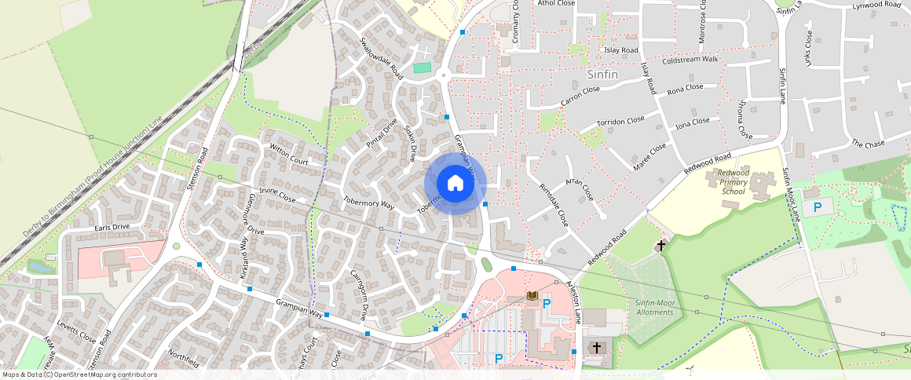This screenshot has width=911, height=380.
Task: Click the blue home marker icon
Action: click(455, 184)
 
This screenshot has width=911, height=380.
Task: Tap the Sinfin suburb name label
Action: click(602, 75)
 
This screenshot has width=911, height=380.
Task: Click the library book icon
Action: click(532, 296)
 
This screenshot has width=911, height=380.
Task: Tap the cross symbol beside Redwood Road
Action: click(660, 246)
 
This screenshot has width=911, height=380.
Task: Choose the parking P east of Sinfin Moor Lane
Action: click(818, 207)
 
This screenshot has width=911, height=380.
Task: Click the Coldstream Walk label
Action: click(690, 60)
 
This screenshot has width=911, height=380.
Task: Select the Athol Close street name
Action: click(556, 3)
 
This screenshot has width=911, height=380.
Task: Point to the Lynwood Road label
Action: click(876, 5)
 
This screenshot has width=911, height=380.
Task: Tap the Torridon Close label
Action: click(620, 122)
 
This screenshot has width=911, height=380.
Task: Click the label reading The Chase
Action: click(868, 144)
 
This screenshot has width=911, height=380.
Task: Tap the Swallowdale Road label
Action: click(381, 58)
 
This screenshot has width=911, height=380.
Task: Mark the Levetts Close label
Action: click(77, 333)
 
